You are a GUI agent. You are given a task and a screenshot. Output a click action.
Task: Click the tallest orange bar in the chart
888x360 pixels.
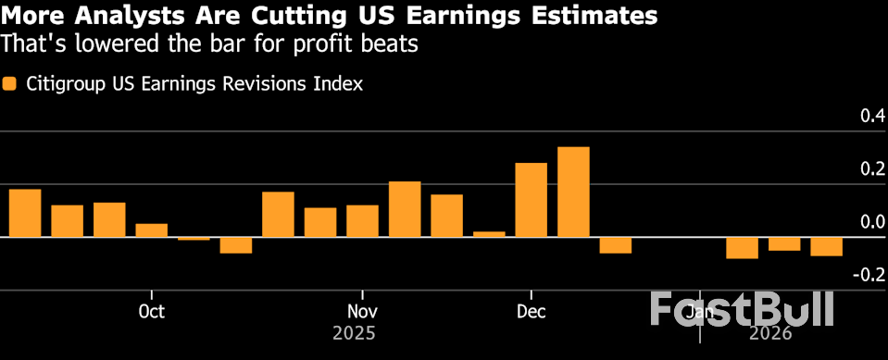(573, 192)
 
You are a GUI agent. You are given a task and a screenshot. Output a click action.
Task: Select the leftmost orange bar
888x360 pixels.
(25, 214)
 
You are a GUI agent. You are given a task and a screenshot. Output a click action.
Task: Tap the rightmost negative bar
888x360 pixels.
(826, 246)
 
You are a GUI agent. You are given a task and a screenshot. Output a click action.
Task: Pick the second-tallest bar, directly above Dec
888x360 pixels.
(531, 200)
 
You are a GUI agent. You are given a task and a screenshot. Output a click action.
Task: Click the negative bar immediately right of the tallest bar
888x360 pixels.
(615, 245)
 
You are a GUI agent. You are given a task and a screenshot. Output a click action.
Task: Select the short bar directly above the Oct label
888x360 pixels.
(152, 230)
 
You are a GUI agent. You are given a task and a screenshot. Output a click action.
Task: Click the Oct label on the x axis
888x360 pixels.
(151, 311)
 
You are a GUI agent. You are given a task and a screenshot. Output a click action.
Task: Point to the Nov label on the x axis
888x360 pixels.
(362, 311)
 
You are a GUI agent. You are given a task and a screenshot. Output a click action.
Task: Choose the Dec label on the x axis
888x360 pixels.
(531, 311)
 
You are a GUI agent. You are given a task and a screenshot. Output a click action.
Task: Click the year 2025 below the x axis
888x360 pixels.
(355, 331)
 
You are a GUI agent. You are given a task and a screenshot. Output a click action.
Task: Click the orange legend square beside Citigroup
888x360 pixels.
(9, 84)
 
